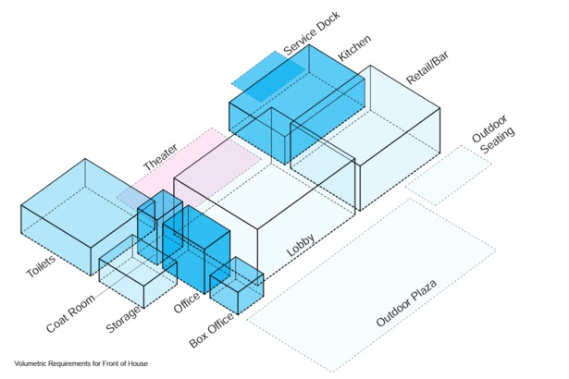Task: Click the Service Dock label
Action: [x=312, y=33]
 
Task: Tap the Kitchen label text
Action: [x=354, y=48]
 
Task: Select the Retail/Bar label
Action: [x=427, y=67]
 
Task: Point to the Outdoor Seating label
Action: [x=493, y=135]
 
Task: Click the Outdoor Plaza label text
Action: [x=406, y=303]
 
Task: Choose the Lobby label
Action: [x=301, y=245]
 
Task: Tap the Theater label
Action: [x=160, y=157]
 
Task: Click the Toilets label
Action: [x=41, y=266]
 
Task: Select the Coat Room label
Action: [x=70, y=313]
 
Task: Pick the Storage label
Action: [x=123, y=319]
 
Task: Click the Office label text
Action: [x=187, y=302]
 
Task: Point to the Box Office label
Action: [x=212, y=330]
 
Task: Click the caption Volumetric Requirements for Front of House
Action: [x=80, y=363]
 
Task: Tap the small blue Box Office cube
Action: [x=237, y=286]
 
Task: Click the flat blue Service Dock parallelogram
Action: [x=268, y=76]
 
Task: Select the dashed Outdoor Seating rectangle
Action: [x=449, y=176]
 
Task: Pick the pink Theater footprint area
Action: [x=189, y=167]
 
